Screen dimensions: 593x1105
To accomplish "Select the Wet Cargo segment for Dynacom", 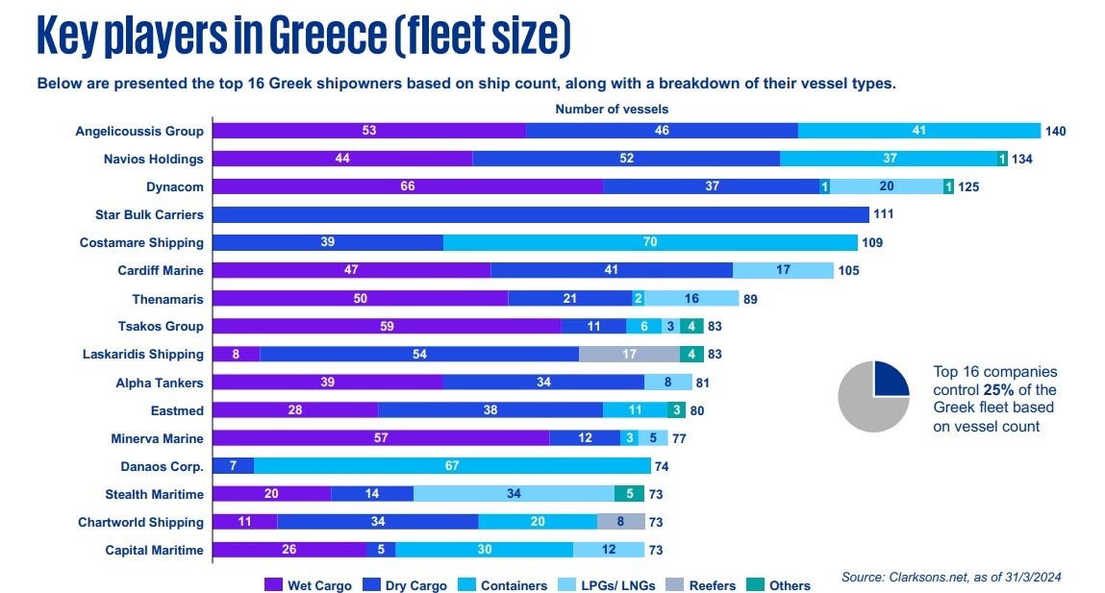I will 407,186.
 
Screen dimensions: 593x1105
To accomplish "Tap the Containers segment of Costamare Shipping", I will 650,242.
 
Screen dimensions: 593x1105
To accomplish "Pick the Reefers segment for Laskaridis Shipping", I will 629,354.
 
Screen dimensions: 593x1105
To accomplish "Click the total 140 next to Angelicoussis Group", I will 1056,131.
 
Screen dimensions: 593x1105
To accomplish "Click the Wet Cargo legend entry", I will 309,585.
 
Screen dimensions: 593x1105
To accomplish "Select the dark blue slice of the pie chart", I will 890,381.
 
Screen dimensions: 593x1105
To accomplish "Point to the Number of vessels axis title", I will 612,110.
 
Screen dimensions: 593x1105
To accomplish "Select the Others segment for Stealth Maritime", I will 629,494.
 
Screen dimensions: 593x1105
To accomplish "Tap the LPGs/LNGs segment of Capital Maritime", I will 609,550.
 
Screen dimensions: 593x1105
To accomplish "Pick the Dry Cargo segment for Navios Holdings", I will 626,159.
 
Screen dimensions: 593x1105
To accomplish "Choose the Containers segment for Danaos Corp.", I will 452,467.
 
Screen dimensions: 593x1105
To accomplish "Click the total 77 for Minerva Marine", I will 680,439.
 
